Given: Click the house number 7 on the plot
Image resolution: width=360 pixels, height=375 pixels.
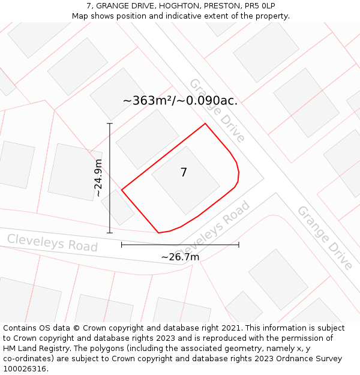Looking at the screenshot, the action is pyautogui.click(x=184, y=173).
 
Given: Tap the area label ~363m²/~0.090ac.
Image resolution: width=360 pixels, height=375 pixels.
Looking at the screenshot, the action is pyautogui.click(x=180, y=101).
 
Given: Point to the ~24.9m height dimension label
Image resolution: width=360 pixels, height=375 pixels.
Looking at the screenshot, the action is pyautogui.click(x=98, y=178).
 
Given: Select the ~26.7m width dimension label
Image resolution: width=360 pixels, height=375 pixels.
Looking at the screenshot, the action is pyautogui.click(x=180, y=257).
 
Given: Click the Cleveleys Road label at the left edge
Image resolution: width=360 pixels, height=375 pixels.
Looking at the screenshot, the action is pyautogui.click(x=52, y=242).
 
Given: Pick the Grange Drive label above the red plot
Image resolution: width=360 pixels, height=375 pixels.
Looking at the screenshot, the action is pyautogui.click(x=217, y=110).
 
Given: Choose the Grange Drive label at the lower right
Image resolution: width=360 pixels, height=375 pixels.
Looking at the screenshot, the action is pyautogui.click(x=325, y=238).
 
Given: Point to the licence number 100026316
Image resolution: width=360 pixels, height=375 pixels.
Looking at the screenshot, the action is pyautogui.click(x=25, y=369).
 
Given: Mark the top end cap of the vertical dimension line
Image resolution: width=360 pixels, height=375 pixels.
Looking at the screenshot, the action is pyautogui.click(x=110, y=124).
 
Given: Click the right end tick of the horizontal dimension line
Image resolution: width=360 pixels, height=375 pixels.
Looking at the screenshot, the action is pyautogui.click(x=239, y=245).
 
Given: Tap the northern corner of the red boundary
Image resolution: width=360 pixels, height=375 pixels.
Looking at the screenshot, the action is pyautogui.click(x=205, y=124).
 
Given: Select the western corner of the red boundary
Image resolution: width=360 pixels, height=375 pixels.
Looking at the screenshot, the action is pyautogui.click(x=122, y=190).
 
